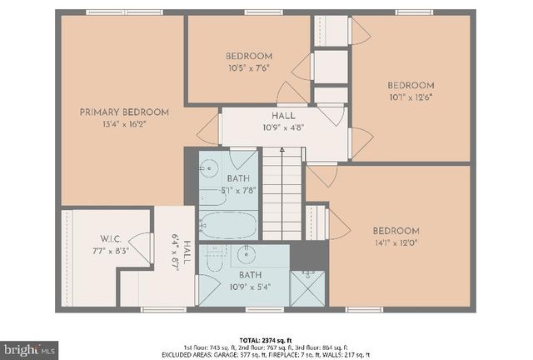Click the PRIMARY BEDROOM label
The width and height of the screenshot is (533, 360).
click(124, 112)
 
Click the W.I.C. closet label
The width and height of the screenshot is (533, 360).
click(112, 237)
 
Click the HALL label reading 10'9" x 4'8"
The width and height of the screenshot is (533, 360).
click(282, 122)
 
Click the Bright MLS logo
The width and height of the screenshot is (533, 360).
click(30, 346)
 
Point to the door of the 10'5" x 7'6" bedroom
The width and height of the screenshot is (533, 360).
click(292, 92)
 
